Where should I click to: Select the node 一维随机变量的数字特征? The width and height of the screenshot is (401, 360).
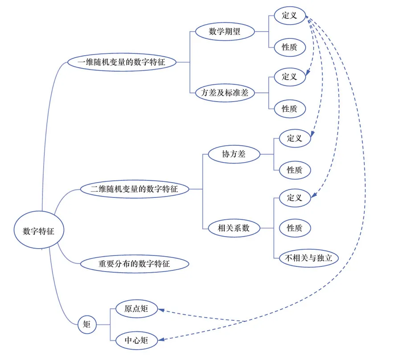[121, 62]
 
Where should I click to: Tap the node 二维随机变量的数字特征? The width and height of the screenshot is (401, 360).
[134, 189]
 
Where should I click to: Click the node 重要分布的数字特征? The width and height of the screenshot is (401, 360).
[134, 264]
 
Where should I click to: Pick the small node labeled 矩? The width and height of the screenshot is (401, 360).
[87, 324]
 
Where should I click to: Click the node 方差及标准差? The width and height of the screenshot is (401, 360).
[225, 93]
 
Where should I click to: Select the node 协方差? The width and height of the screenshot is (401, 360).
[234, 154]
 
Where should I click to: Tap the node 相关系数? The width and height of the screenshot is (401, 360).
[233, 229]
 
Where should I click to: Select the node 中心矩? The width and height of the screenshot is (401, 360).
[136, 341]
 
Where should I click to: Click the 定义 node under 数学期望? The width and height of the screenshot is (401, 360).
[290, 16]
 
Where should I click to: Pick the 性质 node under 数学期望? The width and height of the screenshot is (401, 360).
[290, 47]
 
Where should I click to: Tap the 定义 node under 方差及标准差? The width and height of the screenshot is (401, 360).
[290, 77]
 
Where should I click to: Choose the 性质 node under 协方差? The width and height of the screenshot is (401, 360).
[295, 170]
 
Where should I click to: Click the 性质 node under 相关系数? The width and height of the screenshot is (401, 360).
[295, 228]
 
